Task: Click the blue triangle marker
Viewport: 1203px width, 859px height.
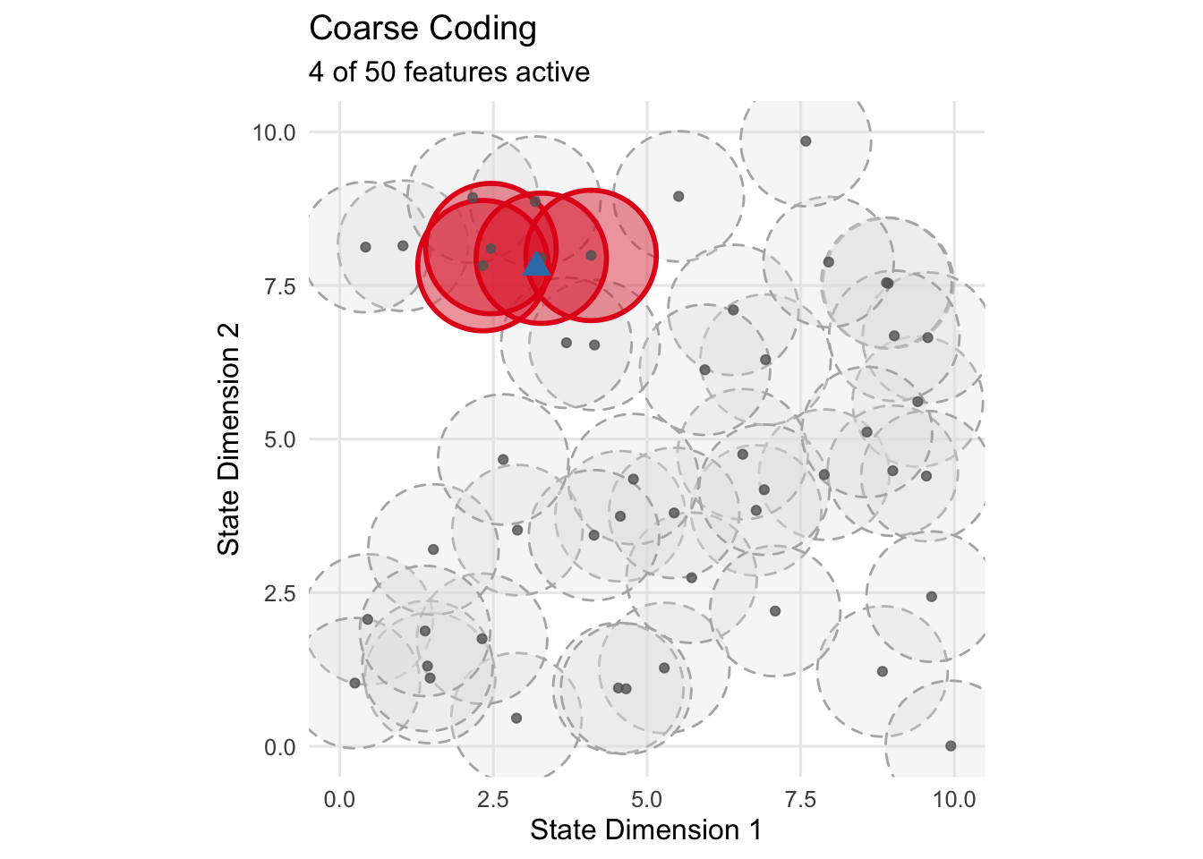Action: click(x=536, y=263)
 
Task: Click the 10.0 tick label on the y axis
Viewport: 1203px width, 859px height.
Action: click(x=273, y=132)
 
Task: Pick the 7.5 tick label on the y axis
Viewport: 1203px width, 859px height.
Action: click(x=278, y=286)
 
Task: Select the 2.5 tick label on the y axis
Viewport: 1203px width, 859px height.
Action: click(x=278, y=593)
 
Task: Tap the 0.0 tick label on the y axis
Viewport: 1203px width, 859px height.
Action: click(x=278, y=747)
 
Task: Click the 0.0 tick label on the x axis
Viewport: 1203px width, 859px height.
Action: click(x=339, y=799)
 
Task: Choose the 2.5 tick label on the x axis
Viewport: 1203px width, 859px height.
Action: click(x=493, y=799)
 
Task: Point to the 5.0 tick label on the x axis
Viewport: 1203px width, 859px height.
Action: click(x=647, y=799)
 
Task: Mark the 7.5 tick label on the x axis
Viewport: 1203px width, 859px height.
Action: click(x=800, y=799)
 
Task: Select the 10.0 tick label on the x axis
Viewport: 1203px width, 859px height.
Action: click(x=954, y=799)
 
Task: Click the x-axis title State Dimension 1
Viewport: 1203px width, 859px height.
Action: click(x=646, y=830)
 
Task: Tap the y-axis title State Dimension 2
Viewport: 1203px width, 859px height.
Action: click(x=229, y=439)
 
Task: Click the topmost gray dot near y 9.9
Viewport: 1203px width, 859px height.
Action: click(x=806, y=141)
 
